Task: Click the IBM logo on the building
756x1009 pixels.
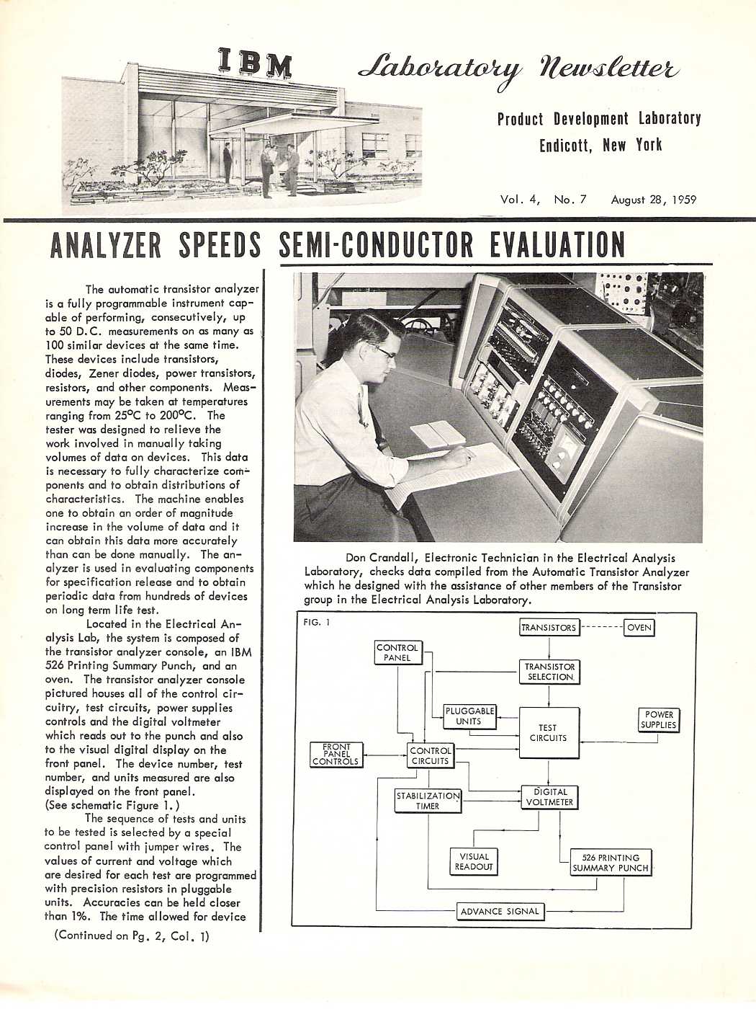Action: pos(256,63)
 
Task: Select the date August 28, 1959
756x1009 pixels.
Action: pos(653,200)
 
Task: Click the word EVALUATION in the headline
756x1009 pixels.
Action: pos(557,246)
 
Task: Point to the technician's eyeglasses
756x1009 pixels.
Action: pos(383,352)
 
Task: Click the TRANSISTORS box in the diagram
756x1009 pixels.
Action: pos(549,627)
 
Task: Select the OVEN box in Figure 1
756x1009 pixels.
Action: pos(639,627)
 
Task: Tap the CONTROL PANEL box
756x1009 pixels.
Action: pos(397,652)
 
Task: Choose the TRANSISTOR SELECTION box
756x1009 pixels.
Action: pos(549,672)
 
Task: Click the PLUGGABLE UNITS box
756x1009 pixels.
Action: pos(469,716)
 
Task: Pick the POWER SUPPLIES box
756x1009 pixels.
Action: pos(659,719)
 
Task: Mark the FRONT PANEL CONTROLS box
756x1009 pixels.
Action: pos(336,755)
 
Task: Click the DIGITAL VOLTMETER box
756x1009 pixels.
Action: pos(549,796)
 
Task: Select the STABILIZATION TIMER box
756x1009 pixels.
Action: pos(428,801)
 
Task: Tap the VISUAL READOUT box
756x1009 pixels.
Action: pos(474,861)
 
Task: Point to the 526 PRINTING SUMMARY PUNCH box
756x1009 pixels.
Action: pos(611,863)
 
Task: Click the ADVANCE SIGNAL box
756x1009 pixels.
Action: pos(500,911)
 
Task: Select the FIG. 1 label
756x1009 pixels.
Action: pos(317,622)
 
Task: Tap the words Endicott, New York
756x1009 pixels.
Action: pos(600,145)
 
